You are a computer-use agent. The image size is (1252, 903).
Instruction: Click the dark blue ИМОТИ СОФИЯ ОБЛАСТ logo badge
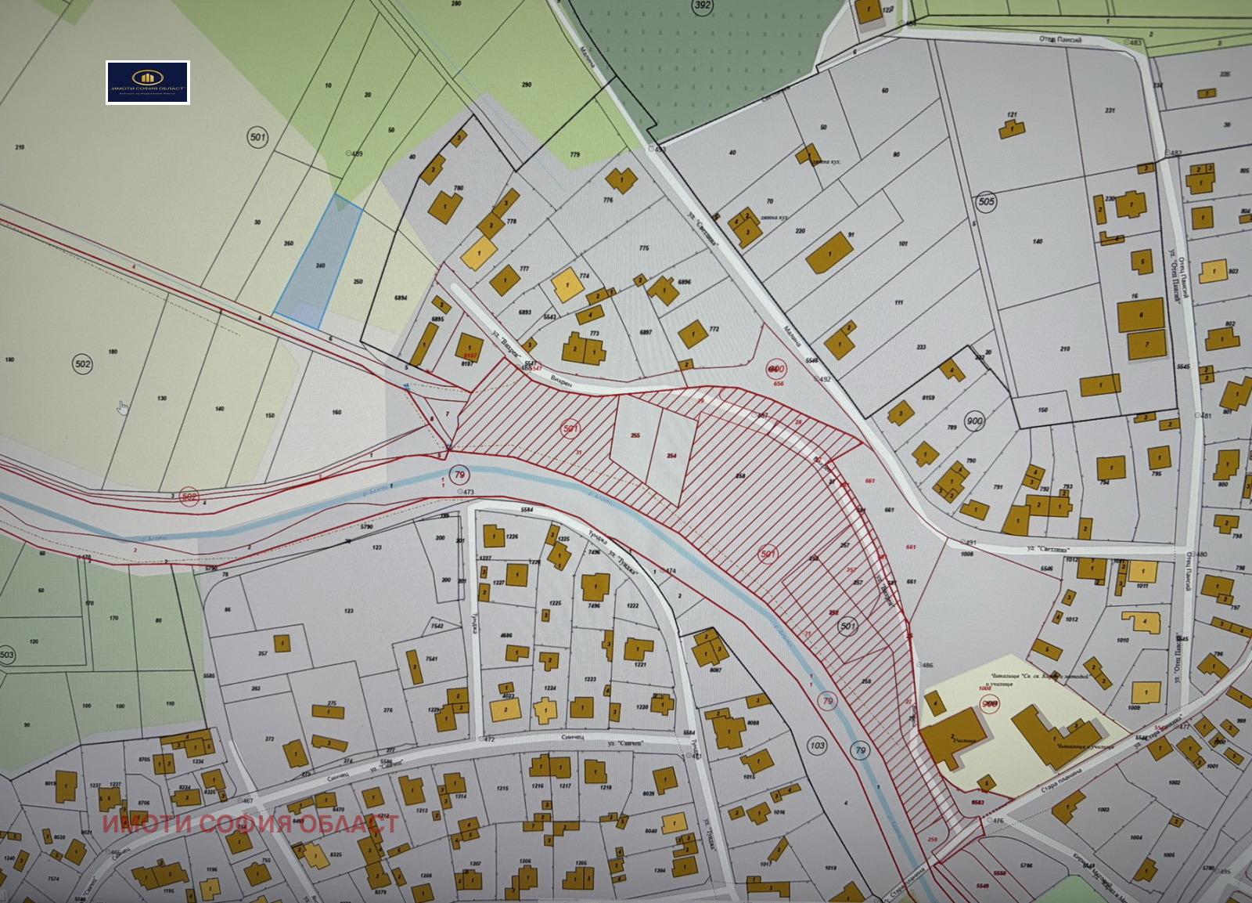pyautogui.click(x=148, y=82)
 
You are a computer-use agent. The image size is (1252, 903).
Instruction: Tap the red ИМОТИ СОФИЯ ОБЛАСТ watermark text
pyautogui.click(x=250, y=824)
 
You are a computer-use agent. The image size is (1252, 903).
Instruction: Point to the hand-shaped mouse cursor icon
pyautogui.click(x=123, y=407)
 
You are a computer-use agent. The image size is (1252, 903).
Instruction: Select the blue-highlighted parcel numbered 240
pyautogui.click(x=318, y=262)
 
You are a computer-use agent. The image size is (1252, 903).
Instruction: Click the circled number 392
pyautogui.click(x=703, y=6)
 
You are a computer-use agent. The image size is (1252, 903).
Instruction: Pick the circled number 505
pyautogui.click(x=987, y=201)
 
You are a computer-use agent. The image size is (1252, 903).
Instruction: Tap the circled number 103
pyautogui.click(x=818, y=745)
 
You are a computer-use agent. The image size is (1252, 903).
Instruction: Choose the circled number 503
pyautogui.click(x=7, y=655)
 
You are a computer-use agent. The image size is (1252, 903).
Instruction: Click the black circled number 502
pyautogui.click(x=82, y=363)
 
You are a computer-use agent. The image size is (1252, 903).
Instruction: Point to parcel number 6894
pyautogui.click(x=401, y=298)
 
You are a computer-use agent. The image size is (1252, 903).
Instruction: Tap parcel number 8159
pyautogui.click(x=928, y=398)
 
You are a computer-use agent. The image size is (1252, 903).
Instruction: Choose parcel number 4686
pyautogui.click(x=506, y=636)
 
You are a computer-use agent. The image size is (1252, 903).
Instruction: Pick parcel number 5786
pyautogui.click(x=1027, y=865)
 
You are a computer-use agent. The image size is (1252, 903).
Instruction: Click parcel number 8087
pyautogui.click(x=715, y=670)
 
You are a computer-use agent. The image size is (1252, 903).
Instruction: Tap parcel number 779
pyautogui.click(x=575, y=155)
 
